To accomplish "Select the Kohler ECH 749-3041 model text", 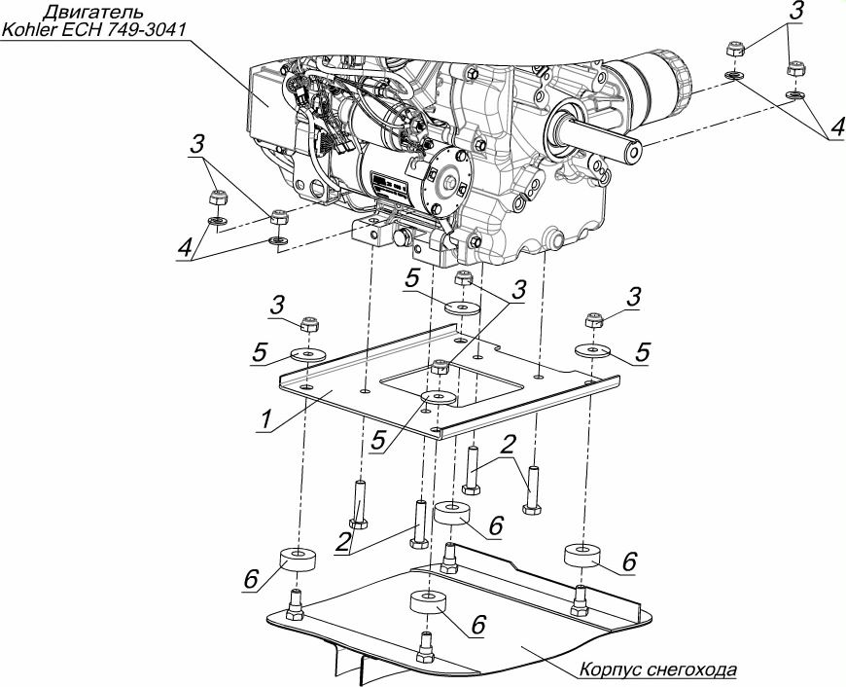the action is pos(94,29).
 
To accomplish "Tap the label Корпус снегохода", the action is pos(657,669).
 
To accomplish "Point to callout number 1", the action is pos(265,419).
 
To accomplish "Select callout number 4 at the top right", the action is pos(837,128).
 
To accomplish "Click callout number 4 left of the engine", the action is pos(185,249).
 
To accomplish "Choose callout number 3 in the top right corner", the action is pos(795,12).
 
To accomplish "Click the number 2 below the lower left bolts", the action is pos(342,543).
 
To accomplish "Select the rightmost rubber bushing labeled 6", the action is pos(582,557).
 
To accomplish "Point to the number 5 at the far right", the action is pos(643,352).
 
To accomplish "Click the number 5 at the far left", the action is pos(260,353).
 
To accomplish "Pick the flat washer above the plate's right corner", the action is pos(592,350).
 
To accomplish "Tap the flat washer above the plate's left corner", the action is pos(308,355).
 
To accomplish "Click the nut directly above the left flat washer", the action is pos(309,325).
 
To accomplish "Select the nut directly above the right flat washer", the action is pos(594,319).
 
